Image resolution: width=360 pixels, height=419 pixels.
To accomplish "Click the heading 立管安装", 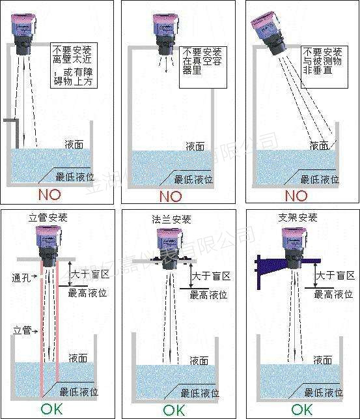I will point(48,218).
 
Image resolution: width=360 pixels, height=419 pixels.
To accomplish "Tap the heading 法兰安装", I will point(172,220).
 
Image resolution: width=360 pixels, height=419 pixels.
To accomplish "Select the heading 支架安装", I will point(299,218).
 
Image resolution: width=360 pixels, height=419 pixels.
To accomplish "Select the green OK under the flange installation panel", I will point(174,410).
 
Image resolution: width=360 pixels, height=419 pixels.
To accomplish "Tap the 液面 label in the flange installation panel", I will point(199,360).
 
